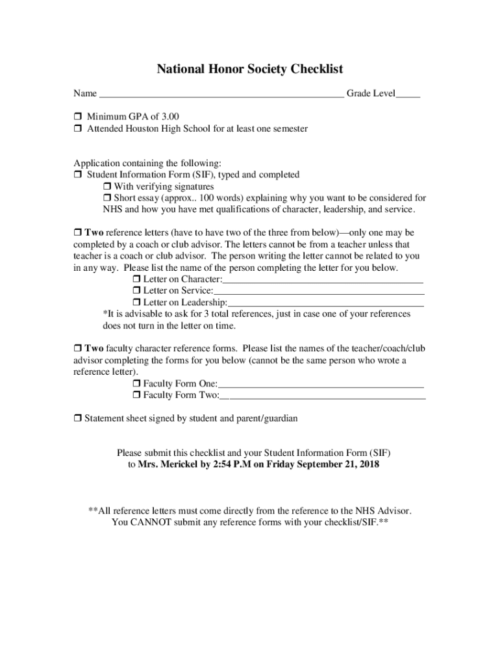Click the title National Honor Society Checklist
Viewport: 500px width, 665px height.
click(x=249, y=69)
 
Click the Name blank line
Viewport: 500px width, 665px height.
click(x=221, y=95)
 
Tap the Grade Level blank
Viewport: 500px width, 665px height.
click(x=408, y=95)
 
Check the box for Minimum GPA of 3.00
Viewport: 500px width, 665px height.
click(x=77, y=117)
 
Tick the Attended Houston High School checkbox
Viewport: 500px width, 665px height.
click(x=77, y=129)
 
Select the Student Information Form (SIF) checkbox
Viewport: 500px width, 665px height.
click(x=77, y=175)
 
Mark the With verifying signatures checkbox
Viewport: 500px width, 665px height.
click(x=107, y=187)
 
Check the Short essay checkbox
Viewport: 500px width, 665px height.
click(x=107, y=198)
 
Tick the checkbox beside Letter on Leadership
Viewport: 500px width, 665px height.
click(x=136, y=303)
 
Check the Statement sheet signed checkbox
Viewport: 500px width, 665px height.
click(x=77, y=419)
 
